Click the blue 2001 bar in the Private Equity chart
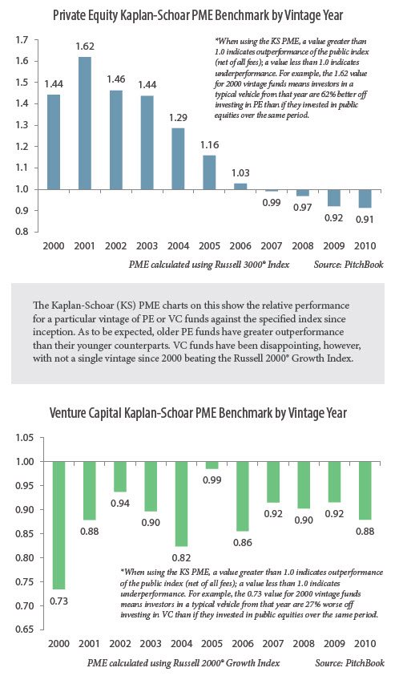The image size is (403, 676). click(x=85, y=123)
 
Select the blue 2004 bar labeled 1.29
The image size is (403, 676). click(x=178, y=159)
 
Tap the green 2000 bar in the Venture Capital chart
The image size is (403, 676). click(x=59, y=525)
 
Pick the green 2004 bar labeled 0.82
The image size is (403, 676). click(x=181, y=504)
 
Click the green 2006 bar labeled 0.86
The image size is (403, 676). click(x=243, y=496)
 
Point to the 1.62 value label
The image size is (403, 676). click(x=85, y=47)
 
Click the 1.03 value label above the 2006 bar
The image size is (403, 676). click(x=240, y=173)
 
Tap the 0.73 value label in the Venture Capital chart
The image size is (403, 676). click(x=59, y=601)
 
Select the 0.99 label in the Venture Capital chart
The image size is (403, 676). click(x=212, y=480)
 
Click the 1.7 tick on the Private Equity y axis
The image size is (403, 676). click(x=22, y=40)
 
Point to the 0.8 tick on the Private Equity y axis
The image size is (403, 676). click(x=22, y=232)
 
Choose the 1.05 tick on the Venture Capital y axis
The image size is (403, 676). click(x=24, y=438)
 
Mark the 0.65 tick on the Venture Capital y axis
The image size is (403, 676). click(x=24, y=629)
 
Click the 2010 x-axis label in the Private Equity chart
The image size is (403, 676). click(x=365, y=245)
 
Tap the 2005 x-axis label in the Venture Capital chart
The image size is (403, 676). click(x=212, y=644)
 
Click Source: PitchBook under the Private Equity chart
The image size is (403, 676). click(x=349, y=265)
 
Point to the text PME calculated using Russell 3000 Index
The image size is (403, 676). click(x=209, y=265)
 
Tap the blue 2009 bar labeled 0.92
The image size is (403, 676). click(x=333, y=198)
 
